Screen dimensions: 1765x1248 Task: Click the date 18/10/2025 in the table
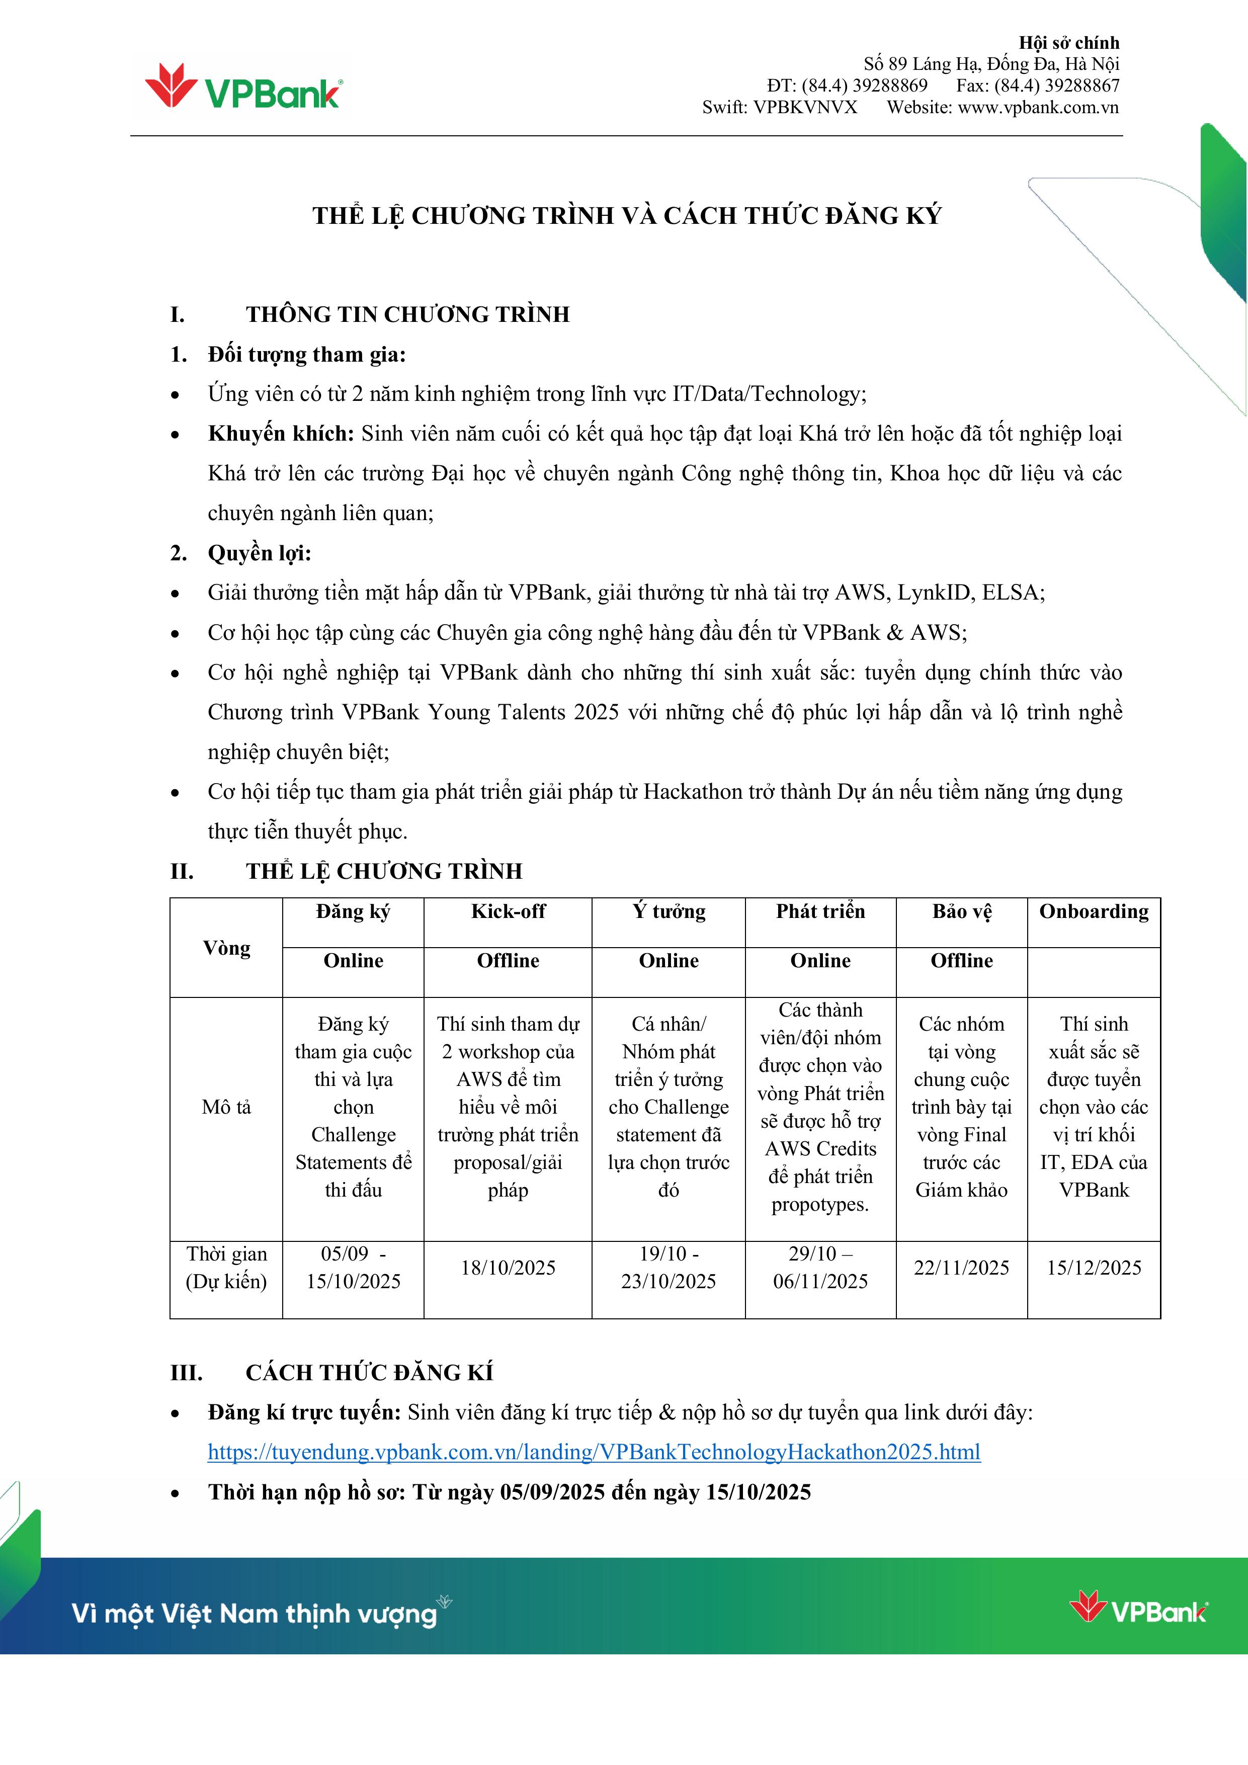(508, 1268)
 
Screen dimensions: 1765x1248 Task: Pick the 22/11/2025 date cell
(961, 1268)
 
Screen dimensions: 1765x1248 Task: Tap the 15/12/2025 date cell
(1094, 1268)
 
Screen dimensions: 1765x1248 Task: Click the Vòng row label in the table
(227, 948)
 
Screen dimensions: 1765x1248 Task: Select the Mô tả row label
(227, 1107)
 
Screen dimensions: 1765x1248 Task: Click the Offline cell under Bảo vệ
(961, 960)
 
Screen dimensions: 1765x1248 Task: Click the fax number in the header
(1038, 86)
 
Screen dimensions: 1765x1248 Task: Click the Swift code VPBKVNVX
(804, 107)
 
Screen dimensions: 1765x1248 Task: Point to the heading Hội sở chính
(1069, 42)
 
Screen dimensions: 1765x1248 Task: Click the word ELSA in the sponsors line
(1014, 593)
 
